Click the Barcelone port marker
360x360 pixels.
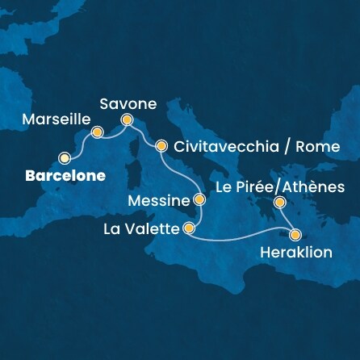click(x=65, y=158)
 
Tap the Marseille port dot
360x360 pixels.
click(x=98, y=133)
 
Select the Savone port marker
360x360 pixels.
click(x=128, y=122)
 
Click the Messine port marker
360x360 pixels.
click(x=199, y=199)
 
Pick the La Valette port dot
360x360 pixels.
click(x=190, y=228)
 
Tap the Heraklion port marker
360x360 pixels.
click(x=295, y=236)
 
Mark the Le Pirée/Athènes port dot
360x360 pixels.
click(x=279, y=202)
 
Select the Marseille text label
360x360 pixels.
click(x=52, y=118)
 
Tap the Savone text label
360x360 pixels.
click(x=128, y=103)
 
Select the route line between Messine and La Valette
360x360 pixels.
click(x=195, y=215)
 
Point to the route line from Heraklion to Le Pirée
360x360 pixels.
click(x=287, y=219)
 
